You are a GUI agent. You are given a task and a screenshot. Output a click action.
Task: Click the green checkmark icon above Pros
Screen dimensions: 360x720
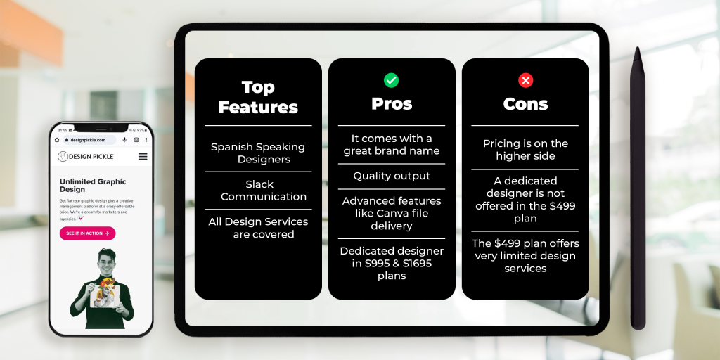coord(392,80)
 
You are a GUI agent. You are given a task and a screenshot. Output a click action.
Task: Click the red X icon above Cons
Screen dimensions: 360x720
coord(525,80)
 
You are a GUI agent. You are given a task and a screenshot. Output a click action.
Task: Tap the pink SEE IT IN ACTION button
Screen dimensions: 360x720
coord(87,233)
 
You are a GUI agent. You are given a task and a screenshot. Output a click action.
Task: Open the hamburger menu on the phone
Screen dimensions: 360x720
coord(143,156)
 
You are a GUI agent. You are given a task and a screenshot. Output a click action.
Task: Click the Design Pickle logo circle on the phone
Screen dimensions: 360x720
coord(63,156)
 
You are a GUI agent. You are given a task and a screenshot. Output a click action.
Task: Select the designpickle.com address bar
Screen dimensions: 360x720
coord(91,140)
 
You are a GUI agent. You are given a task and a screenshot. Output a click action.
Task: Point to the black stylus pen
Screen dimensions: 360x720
coord(638,190)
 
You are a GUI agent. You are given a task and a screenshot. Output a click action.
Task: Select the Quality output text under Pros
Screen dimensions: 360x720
coord(392,176)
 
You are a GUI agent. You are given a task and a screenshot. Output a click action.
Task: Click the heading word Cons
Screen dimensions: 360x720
coord(525,104)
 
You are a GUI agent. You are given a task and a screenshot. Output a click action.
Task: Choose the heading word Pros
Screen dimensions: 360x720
coord(392,104)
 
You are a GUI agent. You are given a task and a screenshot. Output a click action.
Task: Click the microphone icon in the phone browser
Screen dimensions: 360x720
coord(124,140)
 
